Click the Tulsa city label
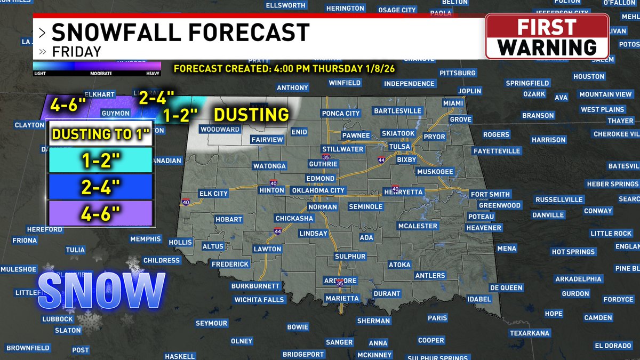tap(399, 147)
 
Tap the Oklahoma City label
tap(319, 190)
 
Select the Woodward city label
tap(220, 130)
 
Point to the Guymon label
tap(115, 114)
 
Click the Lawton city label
tap(267, 249)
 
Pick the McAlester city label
tap(418, 226)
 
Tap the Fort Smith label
tap(490, 194)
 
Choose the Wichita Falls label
tap(259, 300)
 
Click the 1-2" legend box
tap(101, 159)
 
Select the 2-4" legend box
tap(101, 186)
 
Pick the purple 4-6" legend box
tap(101, 213)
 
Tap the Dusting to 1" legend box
tap(101, 134)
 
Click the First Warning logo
tap(547, 36)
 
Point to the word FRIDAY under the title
tap(76, 52)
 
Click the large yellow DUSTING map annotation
tap(251, 115)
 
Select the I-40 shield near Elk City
tap(185, 203)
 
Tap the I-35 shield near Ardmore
tap(340, 283)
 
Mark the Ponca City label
tap(341, 113)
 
